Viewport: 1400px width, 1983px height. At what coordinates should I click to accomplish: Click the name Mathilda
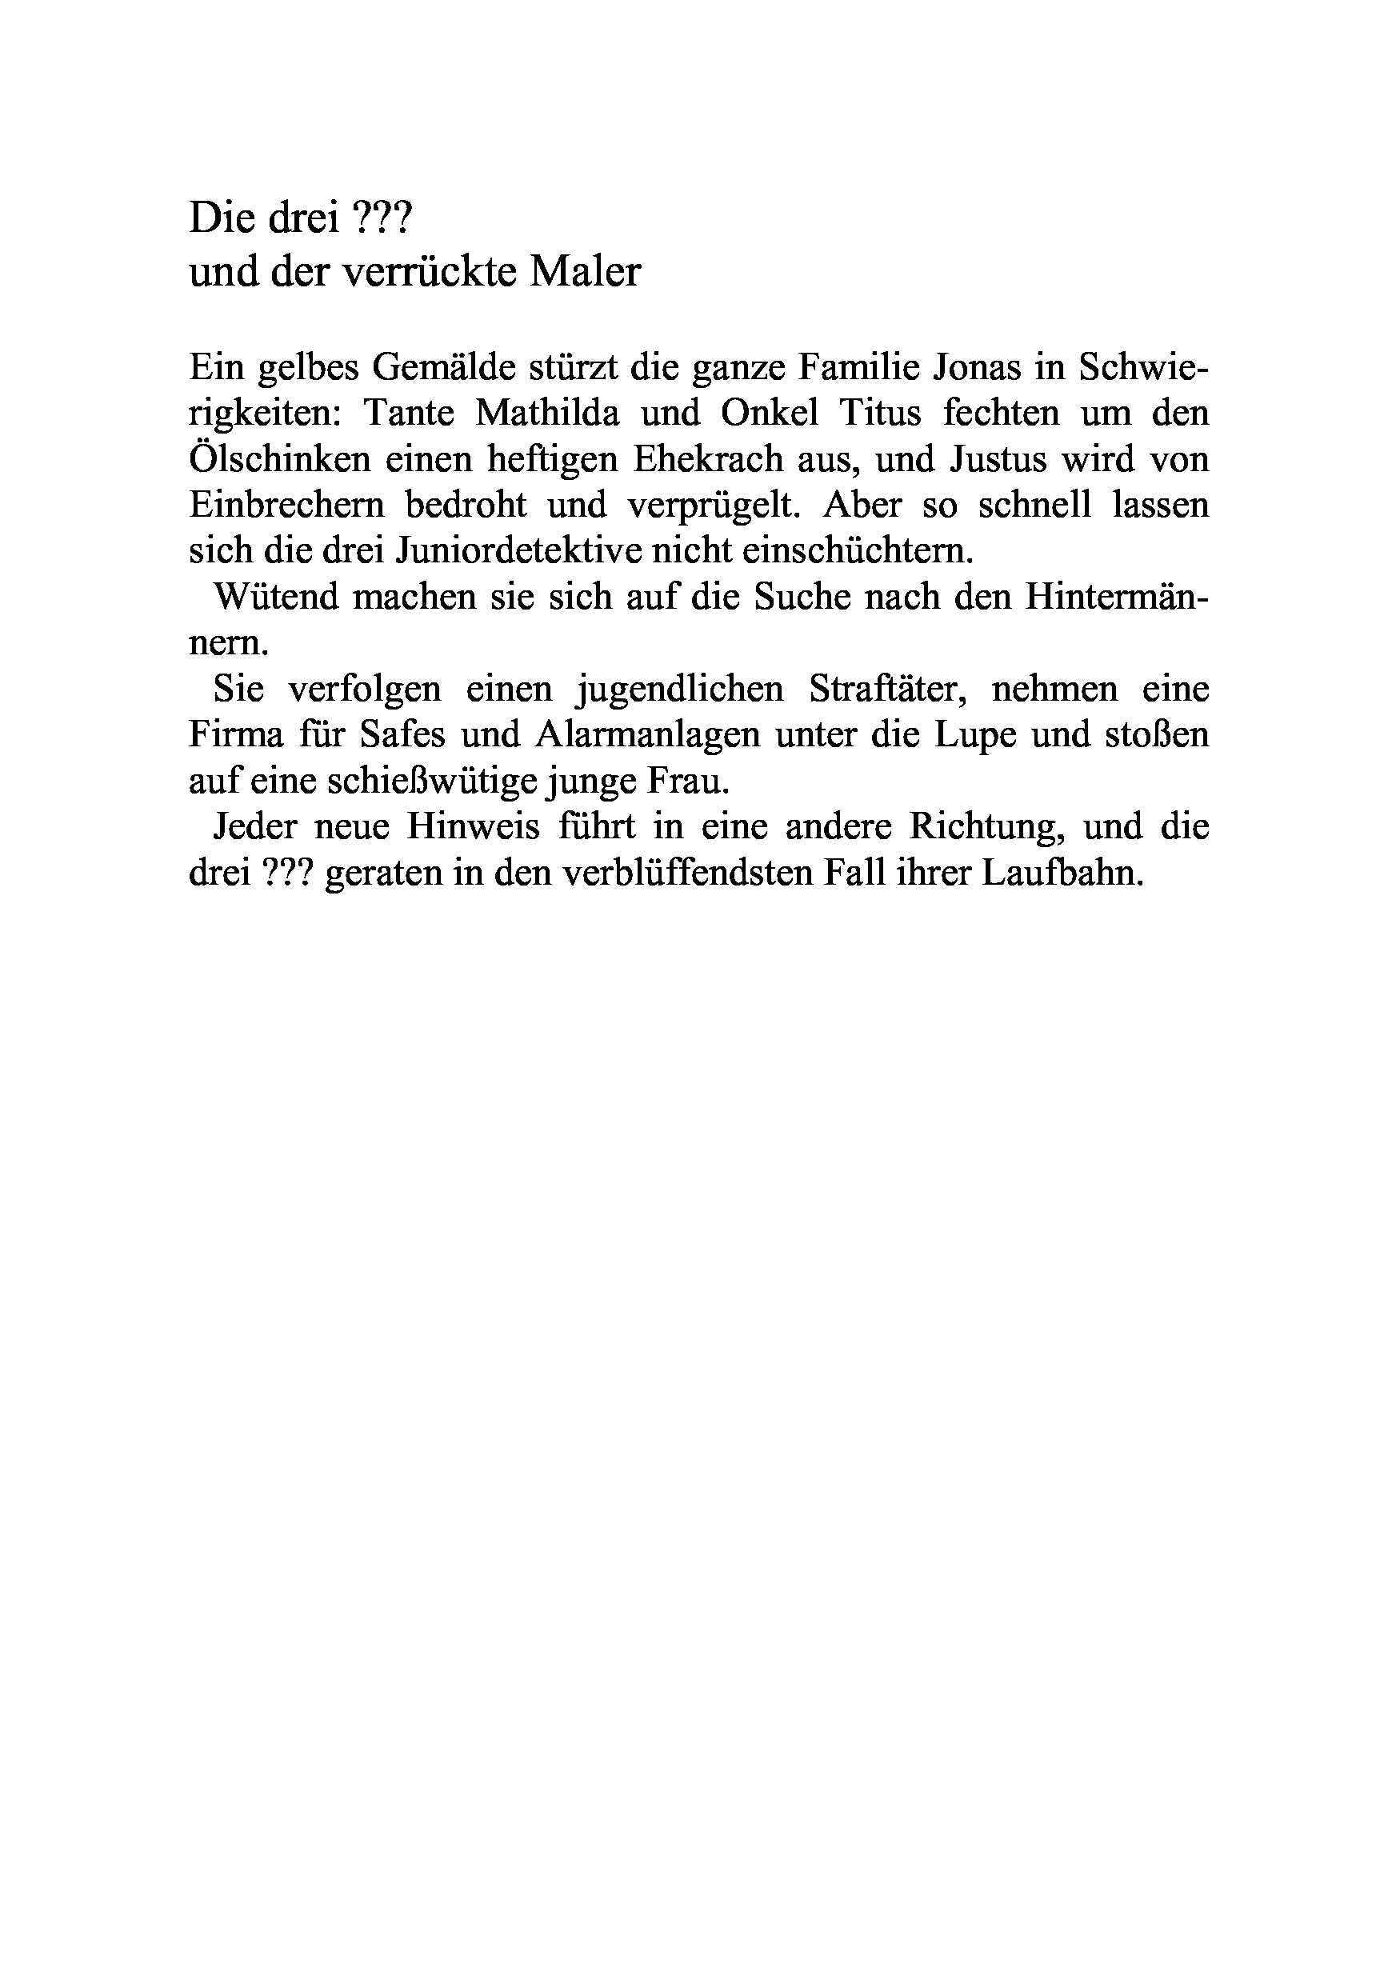547,413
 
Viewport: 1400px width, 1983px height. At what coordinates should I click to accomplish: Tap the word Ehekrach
708,458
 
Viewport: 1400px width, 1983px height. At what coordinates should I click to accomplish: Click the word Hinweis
474,826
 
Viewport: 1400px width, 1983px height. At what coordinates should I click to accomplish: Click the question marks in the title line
383,219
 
